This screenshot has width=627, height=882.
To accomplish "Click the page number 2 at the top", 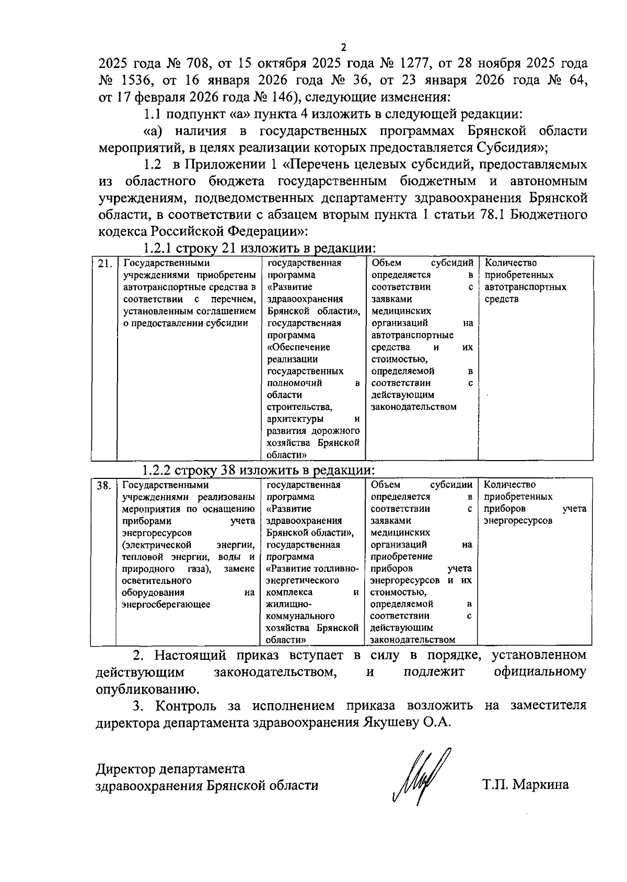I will [343, 47].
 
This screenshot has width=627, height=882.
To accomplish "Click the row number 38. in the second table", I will [103, 486].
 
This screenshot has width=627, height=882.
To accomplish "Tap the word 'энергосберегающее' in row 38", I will [166, 604].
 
